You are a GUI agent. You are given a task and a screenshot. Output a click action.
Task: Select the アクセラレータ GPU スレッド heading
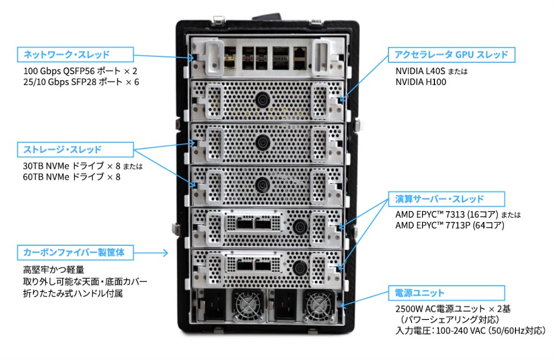click(451, 55)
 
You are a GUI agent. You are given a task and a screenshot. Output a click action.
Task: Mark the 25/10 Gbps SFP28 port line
click(81, 82)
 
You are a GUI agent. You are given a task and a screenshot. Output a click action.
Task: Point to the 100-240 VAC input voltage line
click(471, 331)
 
